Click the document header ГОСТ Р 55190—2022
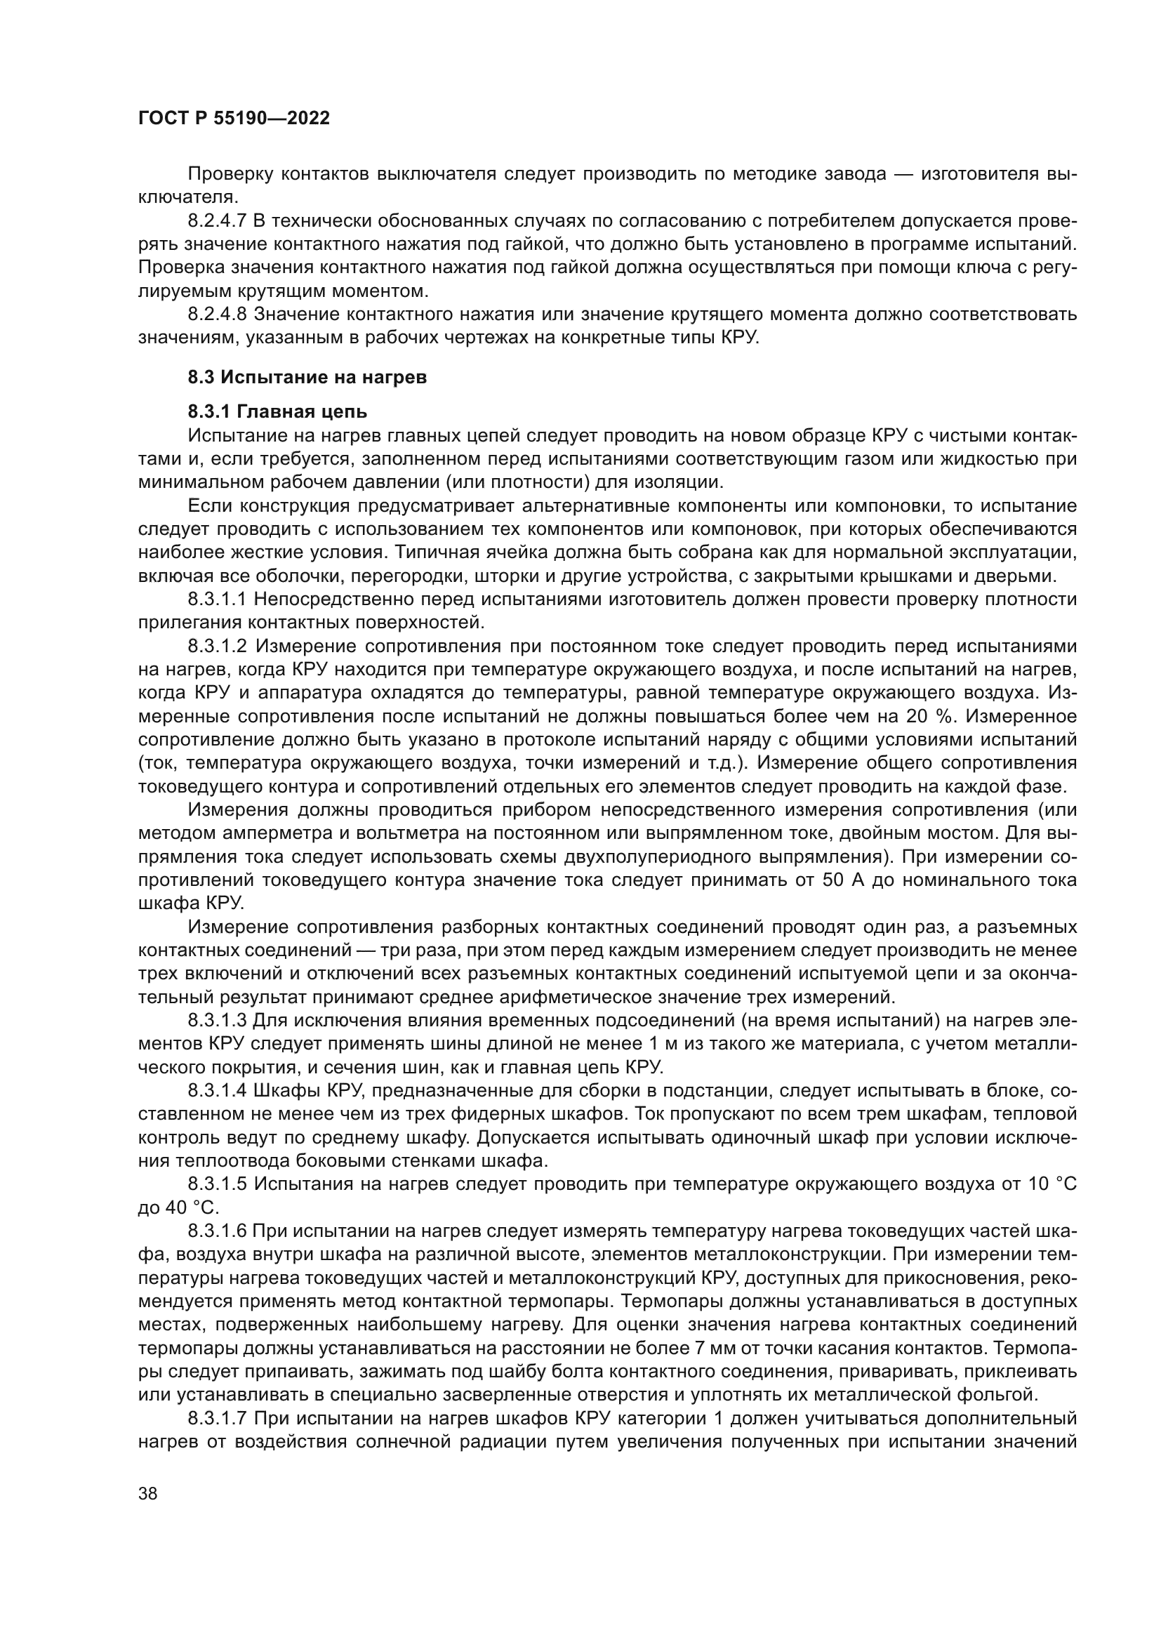pyautogui.click(x=234, y=119)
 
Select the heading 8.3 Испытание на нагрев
pyautogui.click(x=307, y=377)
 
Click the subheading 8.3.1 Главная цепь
pyautogui.click(x=277, y=412)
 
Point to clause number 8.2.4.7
pyautogui.click(x=218, y=220)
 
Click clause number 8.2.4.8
pyautogui.click(x=218, y=314)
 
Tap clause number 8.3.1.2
pyautogui.click(x=218, y=646)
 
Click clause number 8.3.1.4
pyautogui.click(x=218, y=1091)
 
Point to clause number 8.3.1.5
pyautogui.click(x=218, y=1184)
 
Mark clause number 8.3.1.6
pyautogui.click(x=218, y=1231)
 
